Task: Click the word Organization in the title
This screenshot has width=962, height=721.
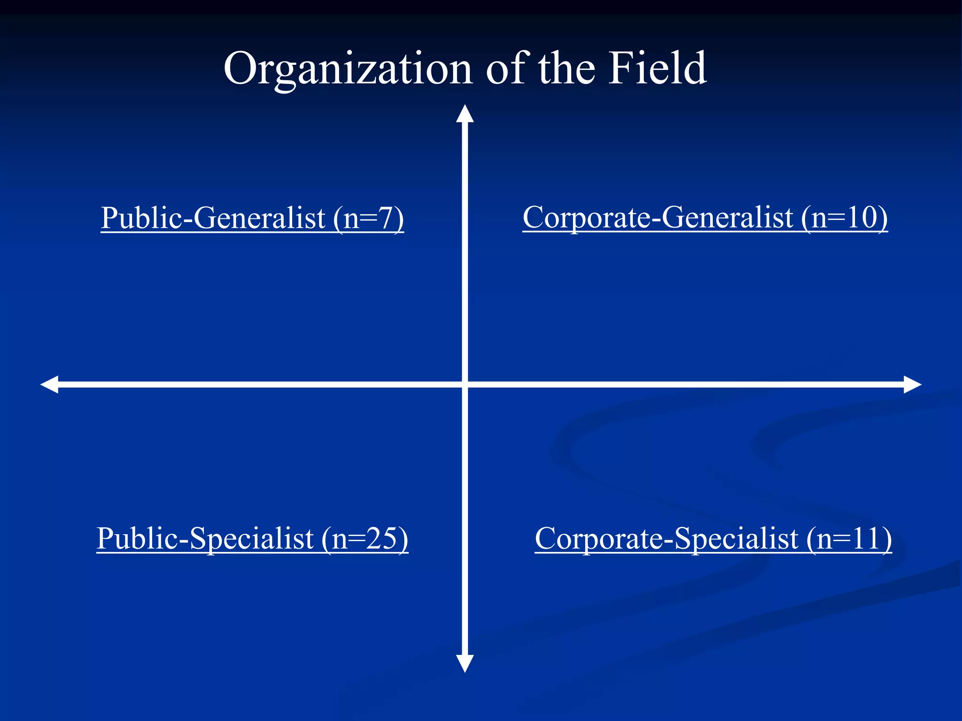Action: click(x=348, y=69)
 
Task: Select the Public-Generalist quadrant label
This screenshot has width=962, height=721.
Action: click(x=252, y=218)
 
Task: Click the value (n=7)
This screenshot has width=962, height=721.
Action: click(x=369, y=218)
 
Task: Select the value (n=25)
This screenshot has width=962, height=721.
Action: click(x=365, y=538)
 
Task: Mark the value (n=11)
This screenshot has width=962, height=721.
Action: click(x=849, y=538)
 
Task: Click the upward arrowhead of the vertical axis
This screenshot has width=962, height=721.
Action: click(x=465, y=114)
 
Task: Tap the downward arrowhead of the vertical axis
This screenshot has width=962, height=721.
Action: click(x=465, y=663)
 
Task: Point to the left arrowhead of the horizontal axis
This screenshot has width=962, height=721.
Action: click(x=50, y=384)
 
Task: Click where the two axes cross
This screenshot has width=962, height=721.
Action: click(x=465, y=384)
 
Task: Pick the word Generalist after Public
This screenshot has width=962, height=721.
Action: click(x=259, y=218)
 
